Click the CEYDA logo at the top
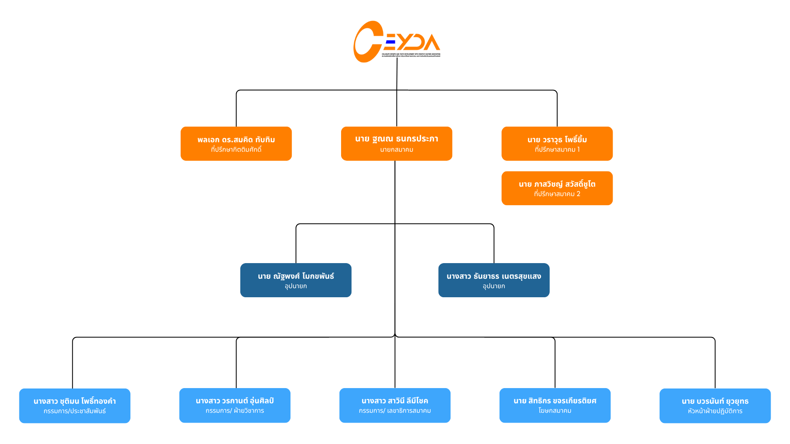396,42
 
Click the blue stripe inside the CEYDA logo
391,42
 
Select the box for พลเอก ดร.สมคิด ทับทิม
236,143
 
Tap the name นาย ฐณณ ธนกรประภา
397,139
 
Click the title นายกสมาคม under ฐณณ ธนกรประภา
397,150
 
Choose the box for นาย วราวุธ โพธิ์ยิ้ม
557,143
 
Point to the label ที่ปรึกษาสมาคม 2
557,194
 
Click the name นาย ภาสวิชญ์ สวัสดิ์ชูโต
557,184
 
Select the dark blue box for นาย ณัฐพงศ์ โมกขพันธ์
296,280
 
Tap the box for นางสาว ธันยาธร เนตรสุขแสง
494,280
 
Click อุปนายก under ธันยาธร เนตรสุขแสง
494,286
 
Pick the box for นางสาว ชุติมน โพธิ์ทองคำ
74,405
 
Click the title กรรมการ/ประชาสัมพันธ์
74,411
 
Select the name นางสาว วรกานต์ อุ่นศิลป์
235,401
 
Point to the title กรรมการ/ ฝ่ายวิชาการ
235,411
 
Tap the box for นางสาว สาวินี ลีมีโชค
395,405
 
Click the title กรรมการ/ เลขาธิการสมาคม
395,411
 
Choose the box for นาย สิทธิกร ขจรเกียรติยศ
555,405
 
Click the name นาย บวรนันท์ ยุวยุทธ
715,401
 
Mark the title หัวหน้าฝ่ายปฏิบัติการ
715,411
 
